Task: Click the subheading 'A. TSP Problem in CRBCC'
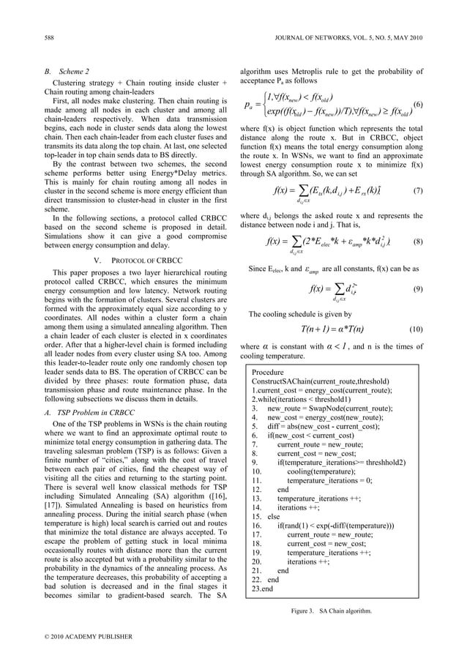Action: [89, 412]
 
